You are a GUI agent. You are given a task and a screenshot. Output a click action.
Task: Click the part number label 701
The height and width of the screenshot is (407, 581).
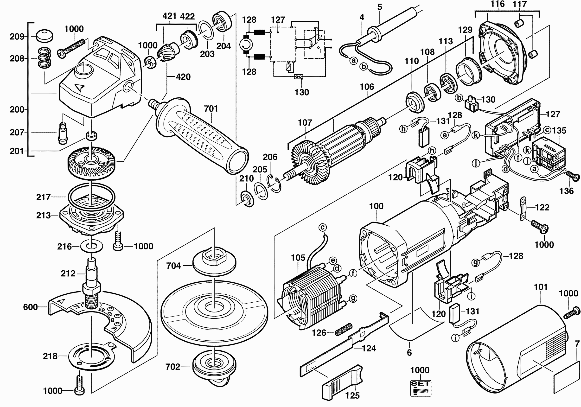pos(211,109)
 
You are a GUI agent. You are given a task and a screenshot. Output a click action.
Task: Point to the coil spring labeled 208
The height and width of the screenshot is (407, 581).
pos(45,58)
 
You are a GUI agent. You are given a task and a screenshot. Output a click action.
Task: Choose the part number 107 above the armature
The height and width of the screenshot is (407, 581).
pos(305,123)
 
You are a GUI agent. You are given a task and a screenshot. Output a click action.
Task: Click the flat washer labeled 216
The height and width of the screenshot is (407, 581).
pos(91,246)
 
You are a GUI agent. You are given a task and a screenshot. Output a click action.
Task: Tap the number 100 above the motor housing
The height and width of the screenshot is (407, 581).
pos(376,206)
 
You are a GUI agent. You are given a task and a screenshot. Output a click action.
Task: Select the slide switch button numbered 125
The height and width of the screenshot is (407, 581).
pos(343,382)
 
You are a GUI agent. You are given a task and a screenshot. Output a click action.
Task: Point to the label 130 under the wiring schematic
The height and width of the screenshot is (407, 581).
pos(302,92)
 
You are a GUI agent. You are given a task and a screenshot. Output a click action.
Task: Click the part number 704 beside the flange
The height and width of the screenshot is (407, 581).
pos(174,266)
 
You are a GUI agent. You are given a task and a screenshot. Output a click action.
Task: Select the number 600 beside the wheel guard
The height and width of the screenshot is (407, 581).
pos(30,307)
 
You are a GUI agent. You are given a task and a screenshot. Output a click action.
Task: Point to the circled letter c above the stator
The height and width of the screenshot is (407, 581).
pos(322,227)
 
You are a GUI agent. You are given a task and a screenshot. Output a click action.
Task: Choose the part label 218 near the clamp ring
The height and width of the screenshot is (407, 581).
pos(50,356)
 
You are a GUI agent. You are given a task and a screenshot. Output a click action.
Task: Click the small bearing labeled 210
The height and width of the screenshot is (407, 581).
pos(247,199)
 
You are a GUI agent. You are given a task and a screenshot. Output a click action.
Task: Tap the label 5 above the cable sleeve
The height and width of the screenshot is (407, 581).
pos(380,7)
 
